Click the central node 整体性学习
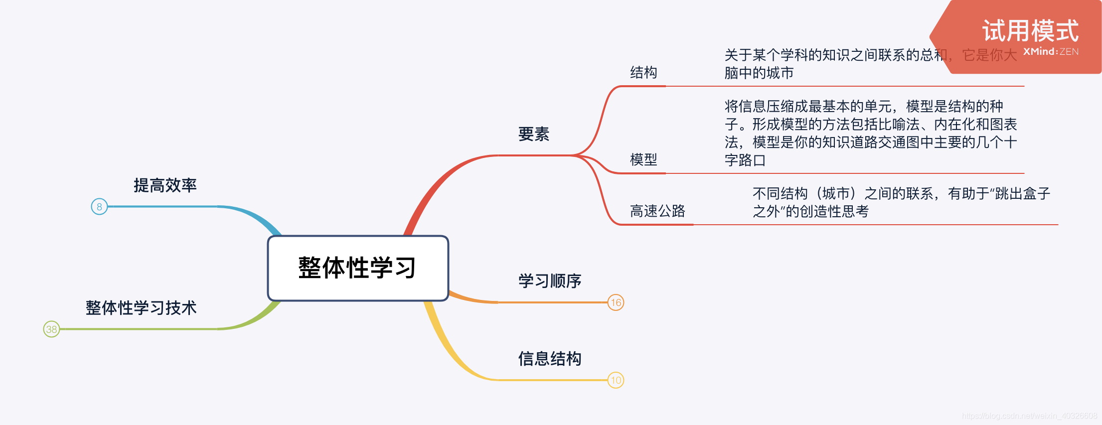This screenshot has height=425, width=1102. coord(358,268)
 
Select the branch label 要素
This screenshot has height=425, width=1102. coord(533,134)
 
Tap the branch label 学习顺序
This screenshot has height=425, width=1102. coord(549,281)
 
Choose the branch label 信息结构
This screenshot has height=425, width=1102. coord(549,359)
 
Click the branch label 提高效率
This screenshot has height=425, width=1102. coord(165,185)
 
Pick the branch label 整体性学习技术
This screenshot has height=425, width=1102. coord(141,308)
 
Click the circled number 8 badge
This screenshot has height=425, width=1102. coord(99,206)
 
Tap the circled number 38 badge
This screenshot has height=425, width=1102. coord(51,329)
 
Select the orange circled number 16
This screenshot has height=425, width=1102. coord(616,302)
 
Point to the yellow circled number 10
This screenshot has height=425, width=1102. coord(616,380)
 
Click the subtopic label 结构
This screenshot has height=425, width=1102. coord(643,73)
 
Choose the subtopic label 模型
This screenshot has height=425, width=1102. coord(643,160)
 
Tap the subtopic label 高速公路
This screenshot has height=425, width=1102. coord(657,211)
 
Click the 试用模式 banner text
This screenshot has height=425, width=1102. coord(1030,31)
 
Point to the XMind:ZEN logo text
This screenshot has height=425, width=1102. coord(1051,52)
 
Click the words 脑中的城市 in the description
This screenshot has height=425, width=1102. coord(759,73)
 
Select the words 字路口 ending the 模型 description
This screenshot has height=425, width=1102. coord(745,160)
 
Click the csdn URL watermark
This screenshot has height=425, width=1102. coord(1029,416)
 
